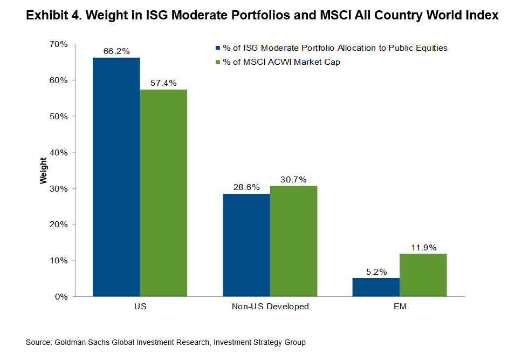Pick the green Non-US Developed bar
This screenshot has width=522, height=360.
293,241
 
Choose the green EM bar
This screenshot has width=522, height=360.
423,275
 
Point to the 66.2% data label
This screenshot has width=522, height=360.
116,51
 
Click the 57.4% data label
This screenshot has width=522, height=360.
163,83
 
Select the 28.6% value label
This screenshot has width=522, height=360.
246,187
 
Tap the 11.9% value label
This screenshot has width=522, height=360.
423,248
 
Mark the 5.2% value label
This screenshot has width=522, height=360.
376,272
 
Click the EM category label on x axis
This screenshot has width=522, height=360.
400,307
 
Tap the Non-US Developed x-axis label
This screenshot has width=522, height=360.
270,307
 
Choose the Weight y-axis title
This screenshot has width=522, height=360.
44,170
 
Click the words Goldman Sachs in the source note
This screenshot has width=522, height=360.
79,342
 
